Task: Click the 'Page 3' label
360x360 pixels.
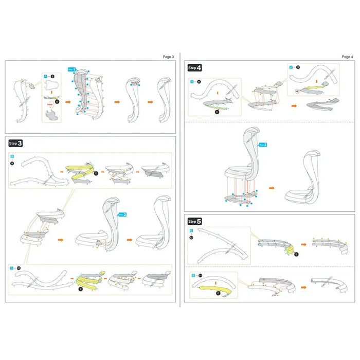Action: pyautogui.click(x=168, y=57)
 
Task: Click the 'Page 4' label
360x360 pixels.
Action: pyautogui.click(x=347, y=57)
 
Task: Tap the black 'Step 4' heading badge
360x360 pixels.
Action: pyautogui.click(x=195, y=67)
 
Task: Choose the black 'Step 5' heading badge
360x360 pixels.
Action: pyautogui.click(x=195, y=221)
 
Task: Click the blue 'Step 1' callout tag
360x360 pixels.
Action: pyautogui.click(x=72, y=69)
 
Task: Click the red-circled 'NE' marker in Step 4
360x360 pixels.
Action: pyautogui.click(x=297, y=90)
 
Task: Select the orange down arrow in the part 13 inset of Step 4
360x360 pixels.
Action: pyautogui.click(x=217, y=93)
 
